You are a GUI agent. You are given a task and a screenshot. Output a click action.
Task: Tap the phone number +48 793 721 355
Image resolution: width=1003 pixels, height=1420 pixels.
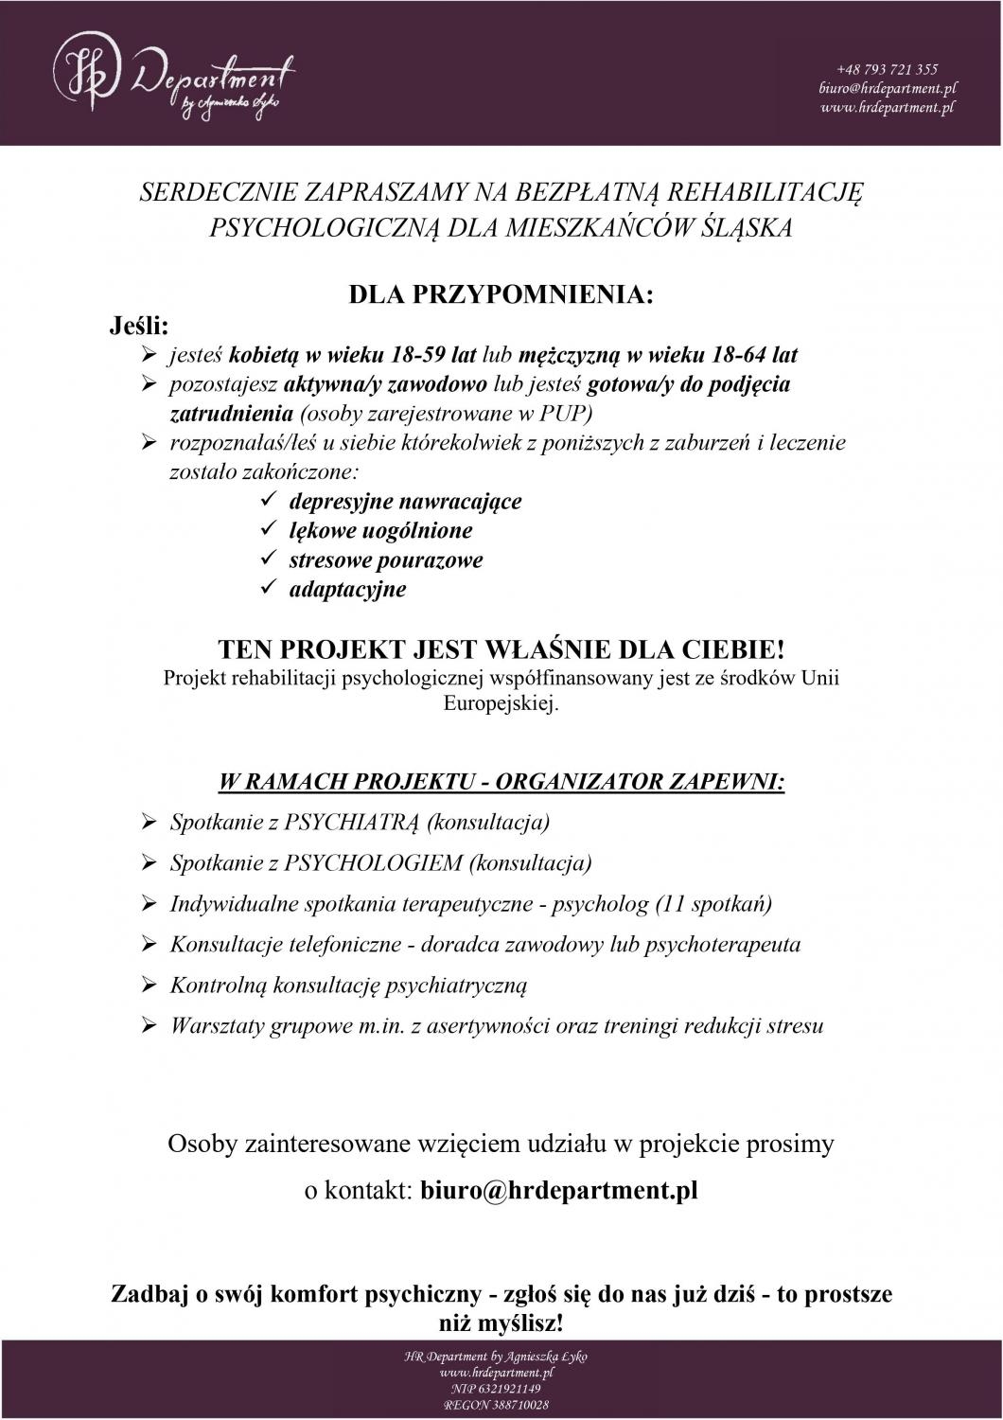pyautogui.click(x=887, y=69)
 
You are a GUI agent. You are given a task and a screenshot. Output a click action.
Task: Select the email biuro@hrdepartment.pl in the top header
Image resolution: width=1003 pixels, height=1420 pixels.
pyautogui.click(x=887, y=88)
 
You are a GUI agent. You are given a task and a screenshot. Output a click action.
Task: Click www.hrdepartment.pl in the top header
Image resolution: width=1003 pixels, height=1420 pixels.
pyautogui.click(x=887, y=108)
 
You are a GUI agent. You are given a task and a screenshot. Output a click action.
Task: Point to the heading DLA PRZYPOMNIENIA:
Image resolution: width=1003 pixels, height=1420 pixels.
pyautogui.click(x=501, y=294)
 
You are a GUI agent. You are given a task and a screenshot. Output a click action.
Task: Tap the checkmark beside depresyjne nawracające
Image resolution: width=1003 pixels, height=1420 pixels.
pyautogui.click(x=268, y=500)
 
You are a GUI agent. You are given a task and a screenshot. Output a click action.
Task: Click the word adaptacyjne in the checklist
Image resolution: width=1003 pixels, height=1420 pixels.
pyautogui.click(x=347, y=589)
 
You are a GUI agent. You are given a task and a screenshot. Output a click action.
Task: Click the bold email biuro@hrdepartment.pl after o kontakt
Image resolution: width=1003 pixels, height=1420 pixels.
pyautogui.click(x=558, y=1190)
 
